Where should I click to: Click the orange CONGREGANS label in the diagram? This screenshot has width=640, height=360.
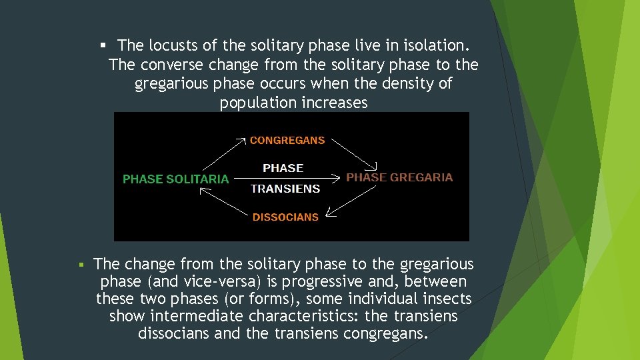(287, 141)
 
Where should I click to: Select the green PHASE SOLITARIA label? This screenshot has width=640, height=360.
(175, 179)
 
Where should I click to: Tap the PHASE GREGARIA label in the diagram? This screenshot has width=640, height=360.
(399, 177)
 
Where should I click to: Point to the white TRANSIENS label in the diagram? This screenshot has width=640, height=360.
(285, 189)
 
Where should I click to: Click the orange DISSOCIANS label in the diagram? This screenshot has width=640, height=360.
(285, 217)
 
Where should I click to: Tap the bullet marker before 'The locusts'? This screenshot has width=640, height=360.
(103, 45)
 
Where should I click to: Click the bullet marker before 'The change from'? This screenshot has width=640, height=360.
(81, 265)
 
